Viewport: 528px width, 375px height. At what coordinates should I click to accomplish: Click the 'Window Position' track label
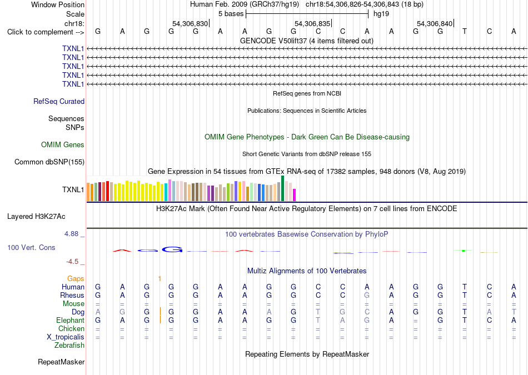pos(58,4)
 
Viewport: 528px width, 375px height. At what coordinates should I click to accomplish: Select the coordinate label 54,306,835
pos(312,23)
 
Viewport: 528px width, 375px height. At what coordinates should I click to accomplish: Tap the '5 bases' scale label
pos(231,14)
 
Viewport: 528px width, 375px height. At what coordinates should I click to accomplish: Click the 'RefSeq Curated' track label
pos(59,101)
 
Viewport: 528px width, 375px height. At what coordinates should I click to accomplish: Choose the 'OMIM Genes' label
pos(63,145)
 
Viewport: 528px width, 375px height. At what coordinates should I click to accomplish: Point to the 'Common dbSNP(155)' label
pos(49,162)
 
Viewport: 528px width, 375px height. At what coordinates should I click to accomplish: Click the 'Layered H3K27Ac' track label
pos(36,217)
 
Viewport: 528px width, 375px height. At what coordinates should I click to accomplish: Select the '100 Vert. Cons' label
pos(31,247)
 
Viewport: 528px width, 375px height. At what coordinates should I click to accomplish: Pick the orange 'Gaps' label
pos(76,278)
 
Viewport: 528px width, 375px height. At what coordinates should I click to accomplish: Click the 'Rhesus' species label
pos(72,295)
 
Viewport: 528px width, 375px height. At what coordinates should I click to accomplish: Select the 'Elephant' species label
pos(71,320)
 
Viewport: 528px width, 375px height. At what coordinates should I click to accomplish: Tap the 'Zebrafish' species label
pos(69,345)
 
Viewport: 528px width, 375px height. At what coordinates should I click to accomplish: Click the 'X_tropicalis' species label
pos(66,337)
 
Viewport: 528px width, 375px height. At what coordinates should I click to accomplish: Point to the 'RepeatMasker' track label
pos(61,362)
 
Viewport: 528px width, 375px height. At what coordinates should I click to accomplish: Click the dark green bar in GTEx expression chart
pos(282,188)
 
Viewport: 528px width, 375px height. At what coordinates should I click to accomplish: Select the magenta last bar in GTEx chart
pos(295,195)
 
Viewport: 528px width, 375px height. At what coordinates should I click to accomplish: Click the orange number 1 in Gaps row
pos(160,278)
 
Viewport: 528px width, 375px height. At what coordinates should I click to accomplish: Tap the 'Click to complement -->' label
pos(46,32)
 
